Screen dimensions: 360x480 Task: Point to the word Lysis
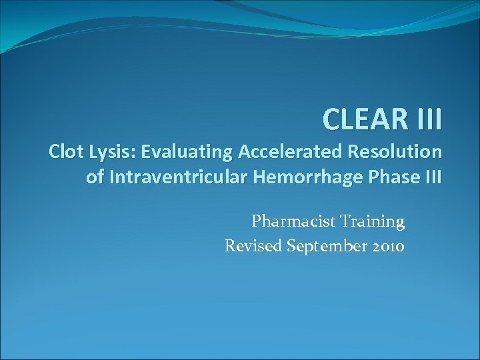pyautogui.click(x=113, y=153)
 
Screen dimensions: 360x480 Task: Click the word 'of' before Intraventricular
pyautogui.click(x=95, y=177)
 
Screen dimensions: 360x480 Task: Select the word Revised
pyautogui.click(x=253, y=246)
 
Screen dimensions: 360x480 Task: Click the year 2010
pyautogui.click(x=386, y=246)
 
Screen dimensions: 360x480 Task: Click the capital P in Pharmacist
pyautogui.click(x=256, y=221)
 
